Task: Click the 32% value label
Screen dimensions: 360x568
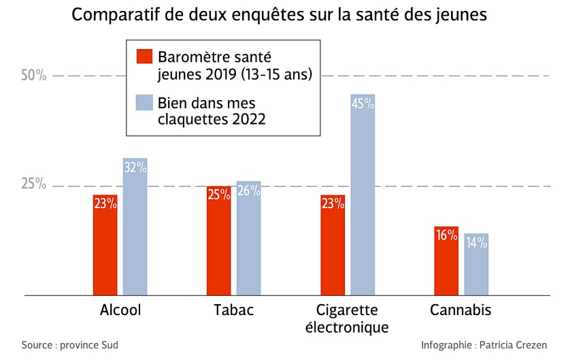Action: click(135, 167)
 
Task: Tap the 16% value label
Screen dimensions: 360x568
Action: click(446, 235)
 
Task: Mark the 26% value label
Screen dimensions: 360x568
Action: click(248, 191)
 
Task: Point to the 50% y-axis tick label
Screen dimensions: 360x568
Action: click(33, 75)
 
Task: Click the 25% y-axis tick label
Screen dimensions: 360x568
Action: click(33, 185)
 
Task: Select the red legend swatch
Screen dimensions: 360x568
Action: click(144, 56)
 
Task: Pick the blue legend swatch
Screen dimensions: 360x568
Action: click(144, 103)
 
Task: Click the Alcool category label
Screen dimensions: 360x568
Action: click(120, 310)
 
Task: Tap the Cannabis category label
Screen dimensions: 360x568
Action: click(461, 310)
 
